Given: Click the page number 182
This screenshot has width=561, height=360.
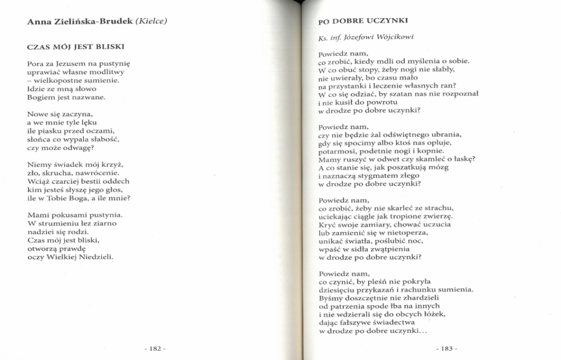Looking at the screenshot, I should tap(154, 348).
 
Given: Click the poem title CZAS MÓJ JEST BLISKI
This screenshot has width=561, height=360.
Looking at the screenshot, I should tap(76, 47).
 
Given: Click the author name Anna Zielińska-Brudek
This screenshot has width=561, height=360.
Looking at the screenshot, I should tap(79, 22).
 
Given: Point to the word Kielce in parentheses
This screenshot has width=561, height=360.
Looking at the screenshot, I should tap(150, 22).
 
